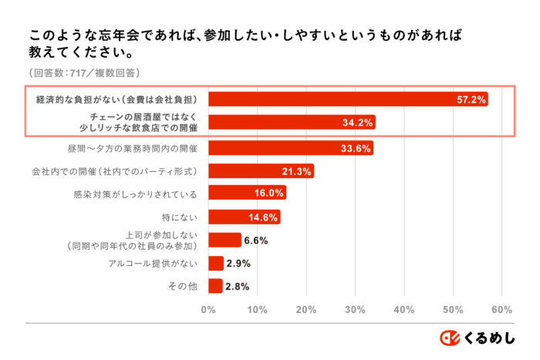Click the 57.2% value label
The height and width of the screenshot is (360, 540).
[470, 99]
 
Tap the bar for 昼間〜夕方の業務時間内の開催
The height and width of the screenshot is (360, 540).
[290, 148]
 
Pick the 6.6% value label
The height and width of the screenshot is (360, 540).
[255, 241]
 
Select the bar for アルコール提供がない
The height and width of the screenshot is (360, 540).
[215, 264]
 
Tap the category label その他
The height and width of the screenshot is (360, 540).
[183, 287]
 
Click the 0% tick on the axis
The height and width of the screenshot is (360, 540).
[208, 310]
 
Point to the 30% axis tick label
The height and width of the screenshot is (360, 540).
[355, 310]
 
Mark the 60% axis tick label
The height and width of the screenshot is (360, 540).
[502, 310]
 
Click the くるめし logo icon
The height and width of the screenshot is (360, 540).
[450, 338]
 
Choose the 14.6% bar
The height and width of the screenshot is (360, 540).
[244, 217]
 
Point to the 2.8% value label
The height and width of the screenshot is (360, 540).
[236, 287]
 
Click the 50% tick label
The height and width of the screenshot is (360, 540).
[453, 310]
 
